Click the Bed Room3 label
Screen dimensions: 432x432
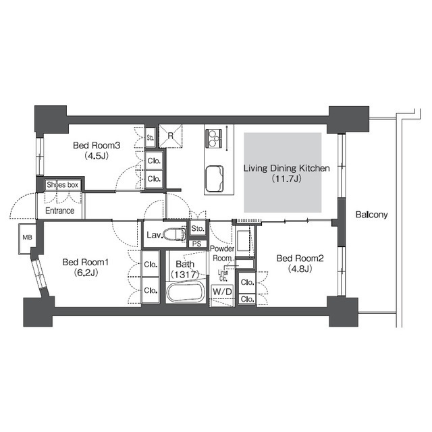[x=97, y=145]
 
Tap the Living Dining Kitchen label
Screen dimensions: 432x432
[x=286, y=168]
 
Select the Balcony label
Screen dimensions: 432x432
[x=371, y=215]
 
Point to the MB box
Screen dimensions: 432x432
[x=27, y=238]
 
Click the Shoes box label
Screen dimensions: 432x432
[x=62, y=184]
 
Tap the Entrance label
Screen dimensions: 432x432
[x=60, y=211]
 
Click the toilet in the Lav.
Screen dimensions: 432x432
[x=174, y=235]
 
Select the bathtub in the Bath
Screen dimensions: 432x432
[x=186, y=292]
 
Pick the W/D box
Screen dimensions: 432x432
[x=222, y=292]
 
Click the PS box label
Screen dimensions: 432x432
[x=196, y=244]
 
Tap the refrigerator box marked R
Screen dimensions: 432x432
[x=171, y=136]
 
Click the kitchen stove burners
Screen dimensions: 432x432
[x=213, y=138]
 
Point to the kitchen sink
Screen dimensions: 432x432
[x=214, y=179]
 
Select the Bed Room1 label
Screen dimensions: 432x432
[x=86, y=262]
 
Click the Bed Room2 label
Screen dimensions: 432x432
[x=300, y=258]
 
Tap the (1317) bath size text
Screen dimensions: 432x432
[x=185, y=275]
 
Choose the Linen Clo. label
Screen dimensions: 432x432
[x=223, y=275]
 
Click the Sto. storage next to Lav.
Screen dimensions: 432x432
[x=198, y=228]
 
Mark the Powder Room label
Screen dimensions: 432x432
[x=222, y=254]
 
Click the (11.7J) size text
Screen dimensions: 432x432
[x=286, y=179]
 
